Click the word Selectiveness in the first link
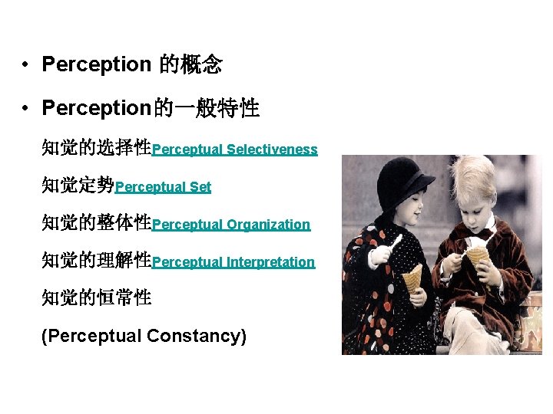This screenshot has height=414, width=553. (x=272, y=150)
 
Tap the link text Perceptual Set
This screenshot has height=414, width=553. (x=163, y=187)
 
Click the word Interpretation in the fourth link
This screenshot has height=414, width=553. (x=270, y=263)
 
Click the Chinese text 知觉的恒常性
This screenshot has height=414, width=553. (x=96, y=297)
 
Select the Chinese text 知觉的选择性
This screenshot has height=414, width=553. (x=96, y=148)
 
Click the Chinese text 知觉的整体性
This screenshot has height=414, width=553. (x=96, y=224)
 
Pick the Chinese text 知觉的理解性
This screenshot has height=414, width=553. (x=96, y=261)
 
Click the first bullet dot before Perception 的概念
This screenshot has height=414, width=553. (x=25, y=65)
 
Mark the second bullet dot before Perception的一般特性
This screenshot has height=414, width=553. (x=25, y=110)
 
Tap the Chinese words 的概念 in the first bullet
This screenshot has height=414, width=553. (x=190, y=65)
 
